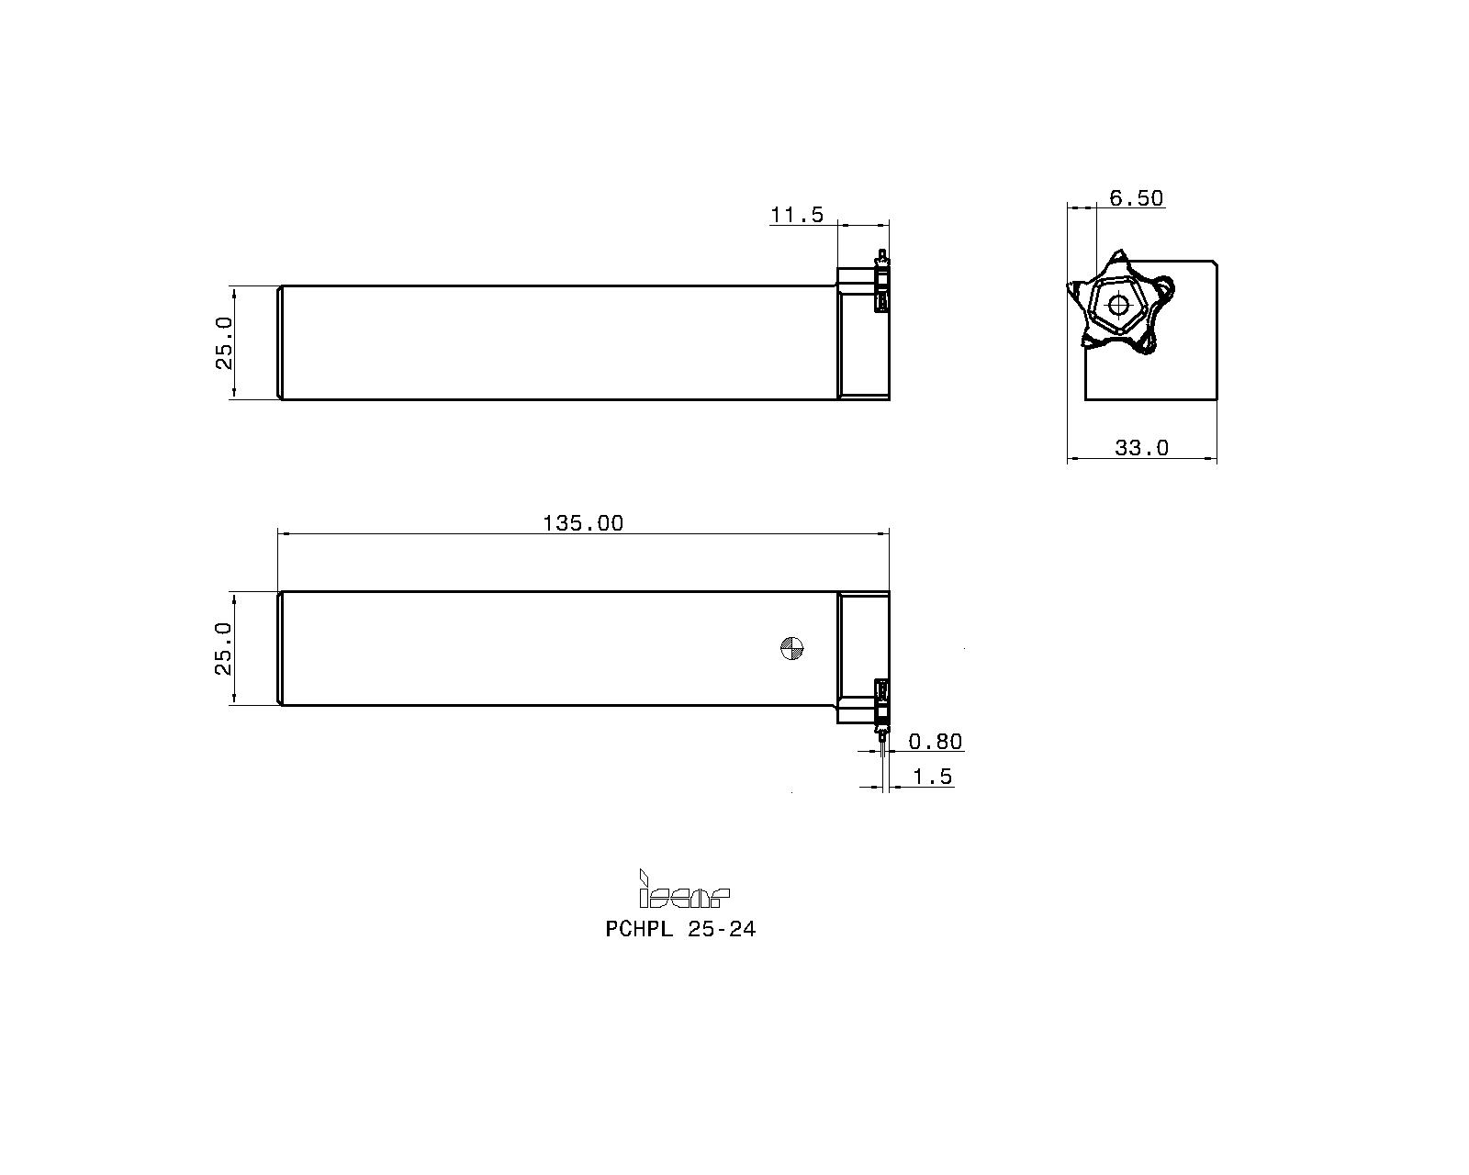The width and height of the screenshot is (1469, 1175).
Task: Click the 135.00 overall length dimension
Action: point(582,523)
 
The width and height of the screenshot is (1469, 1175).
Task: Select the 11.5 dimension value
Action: point(796,215)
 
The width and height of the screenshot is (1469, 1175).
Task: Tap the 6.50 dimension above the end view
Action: point(1136,198)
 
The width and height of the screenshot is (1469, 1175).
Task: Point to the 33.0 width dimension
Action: point(1141,448)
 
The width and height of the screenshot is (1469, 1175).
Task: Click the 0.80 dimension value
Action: point(935,742)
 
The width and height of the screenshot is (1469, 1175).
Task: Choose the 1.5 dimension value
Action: point(933,778)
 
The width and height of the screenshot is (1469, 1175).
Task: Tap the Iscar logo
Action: point(683,890)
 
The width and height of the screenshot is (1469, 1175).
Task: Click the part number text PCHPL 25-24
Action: point(680,929)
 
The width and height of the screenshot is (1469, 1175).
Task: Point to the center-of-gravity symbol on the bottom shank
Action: point(791,648)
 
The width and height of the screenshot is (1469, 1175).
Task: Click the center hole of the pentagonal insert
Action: point(1117,304)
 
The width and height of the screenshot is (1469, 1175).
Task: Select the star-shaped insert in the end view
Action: point(1120,303)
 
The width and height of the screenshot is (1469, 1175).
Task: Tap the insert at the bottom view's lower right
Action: point(882,707)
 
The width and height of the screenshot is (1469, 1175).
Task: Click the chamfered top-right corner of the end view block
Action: point(1214,264)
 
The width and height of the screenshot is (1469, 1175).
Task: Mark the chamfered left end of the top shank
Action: point(279,342)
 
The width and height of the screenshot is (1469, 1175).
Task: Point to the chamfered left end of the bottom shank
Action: point(279,648)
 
